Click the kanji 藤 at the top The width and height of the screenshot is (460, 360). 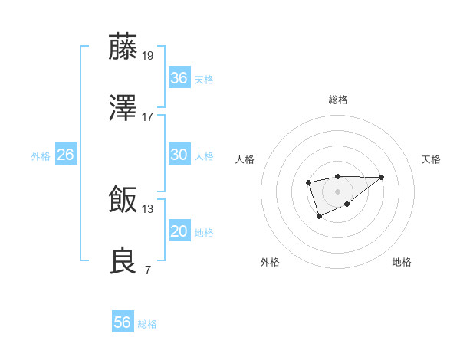123,47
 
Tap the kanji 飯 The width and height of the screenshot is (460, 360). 123,201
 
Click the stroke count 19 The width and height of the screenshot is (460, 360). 148,55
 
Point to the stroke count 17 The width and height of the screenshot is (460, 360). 148,116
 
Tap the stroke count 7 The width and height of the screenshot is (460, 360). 147,270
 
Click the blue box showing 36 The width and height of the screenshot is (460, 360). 179,78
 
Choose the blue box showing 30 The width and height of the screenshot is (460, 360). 179,155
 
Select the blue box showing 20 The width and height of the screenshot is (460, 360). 179,231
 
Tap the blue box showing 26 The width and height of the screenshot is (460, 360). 65,155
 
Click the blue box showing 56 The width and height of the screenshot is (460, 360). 123,322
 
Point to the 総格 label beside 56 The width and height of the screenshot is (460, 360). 147,324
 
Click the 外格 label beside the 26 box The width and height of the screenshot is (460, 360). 41,156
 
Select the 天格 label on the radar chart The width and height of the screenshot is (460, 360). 432,159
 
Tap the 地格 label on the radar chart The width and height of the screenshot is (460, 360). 402,262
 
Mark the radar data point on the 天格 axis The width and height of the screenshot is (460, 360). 382,177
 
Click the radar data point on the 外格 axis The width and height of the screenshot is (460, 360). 319,217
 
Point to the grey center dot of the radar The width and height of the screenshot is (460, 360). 337,191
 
